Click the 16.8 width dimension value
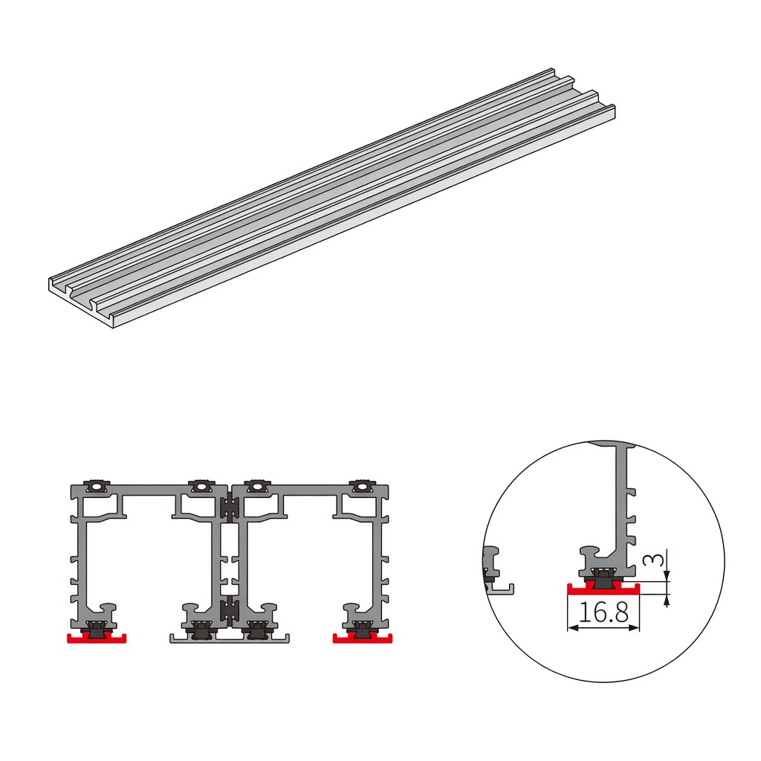[x=603, y=612]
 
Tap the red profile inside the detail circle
[x=603, y=589]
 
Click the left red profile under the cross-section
[x=97, y=638]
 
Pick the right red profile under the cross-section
[x=362, y=638]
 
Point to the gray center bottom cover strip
[x=230, y=638]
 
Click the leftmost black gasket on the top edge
[x=97, y=486]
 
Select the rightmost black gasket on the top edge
[x=362, y=486]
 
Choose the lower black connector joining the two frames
[x=229, y=611]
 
